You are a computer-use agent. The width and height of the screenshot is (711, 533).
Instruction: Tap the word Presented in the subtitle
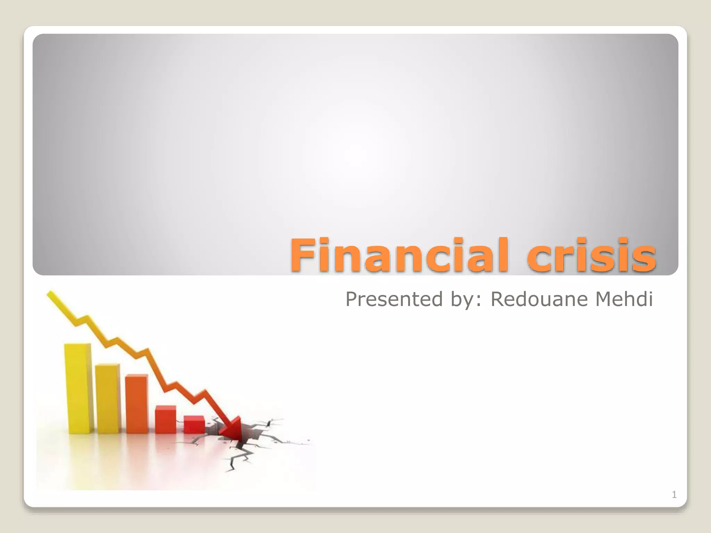pos(394,299)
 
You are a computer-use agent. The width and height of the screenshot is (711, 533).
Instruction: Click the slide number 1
pos(674,494)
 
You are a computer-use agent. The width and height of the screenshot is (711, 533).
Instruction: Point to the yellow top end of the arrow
pos(51,295)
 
